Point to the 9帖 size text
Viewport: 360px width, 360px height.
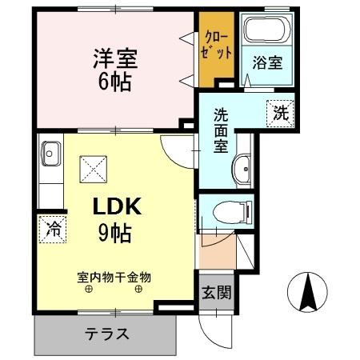point(117,233)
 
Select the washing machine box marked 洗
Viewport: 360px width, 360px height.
point(280,113)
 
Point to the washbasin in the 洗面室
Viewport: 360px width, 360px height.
point(244,169)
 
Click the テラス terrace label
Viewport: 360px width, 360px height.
point(106,334)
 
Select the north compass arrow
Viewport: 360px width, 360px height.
point(306,292)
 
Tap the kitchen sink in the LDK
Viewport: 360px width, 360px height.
point(52,152)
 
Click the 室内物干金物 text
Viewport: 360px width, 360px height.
point(114,278)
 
